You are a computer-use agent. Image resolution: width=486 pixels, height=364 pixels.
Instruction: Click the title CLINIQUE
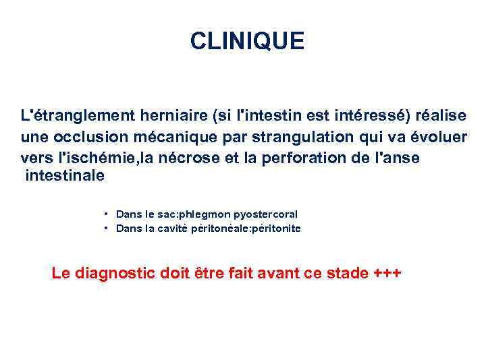(x=247, y=42)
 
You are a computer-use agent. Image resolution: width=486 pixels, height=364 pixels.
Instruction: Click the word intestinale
(x=65, y=176)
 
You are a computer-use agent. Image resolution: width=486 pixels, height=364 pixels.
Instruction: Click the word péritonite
(x=275, y=229)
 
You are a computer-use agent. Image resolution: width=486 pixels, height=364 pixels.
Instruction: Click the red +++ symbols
(x=387, y=273)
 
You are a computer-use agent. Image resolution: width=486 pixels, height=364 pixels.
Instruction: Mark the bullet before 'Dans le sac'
(x=107, y=214)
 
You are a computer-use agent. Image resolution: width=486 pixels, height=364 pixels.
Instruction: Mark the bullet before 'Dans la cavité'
(x=107, y=229)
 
